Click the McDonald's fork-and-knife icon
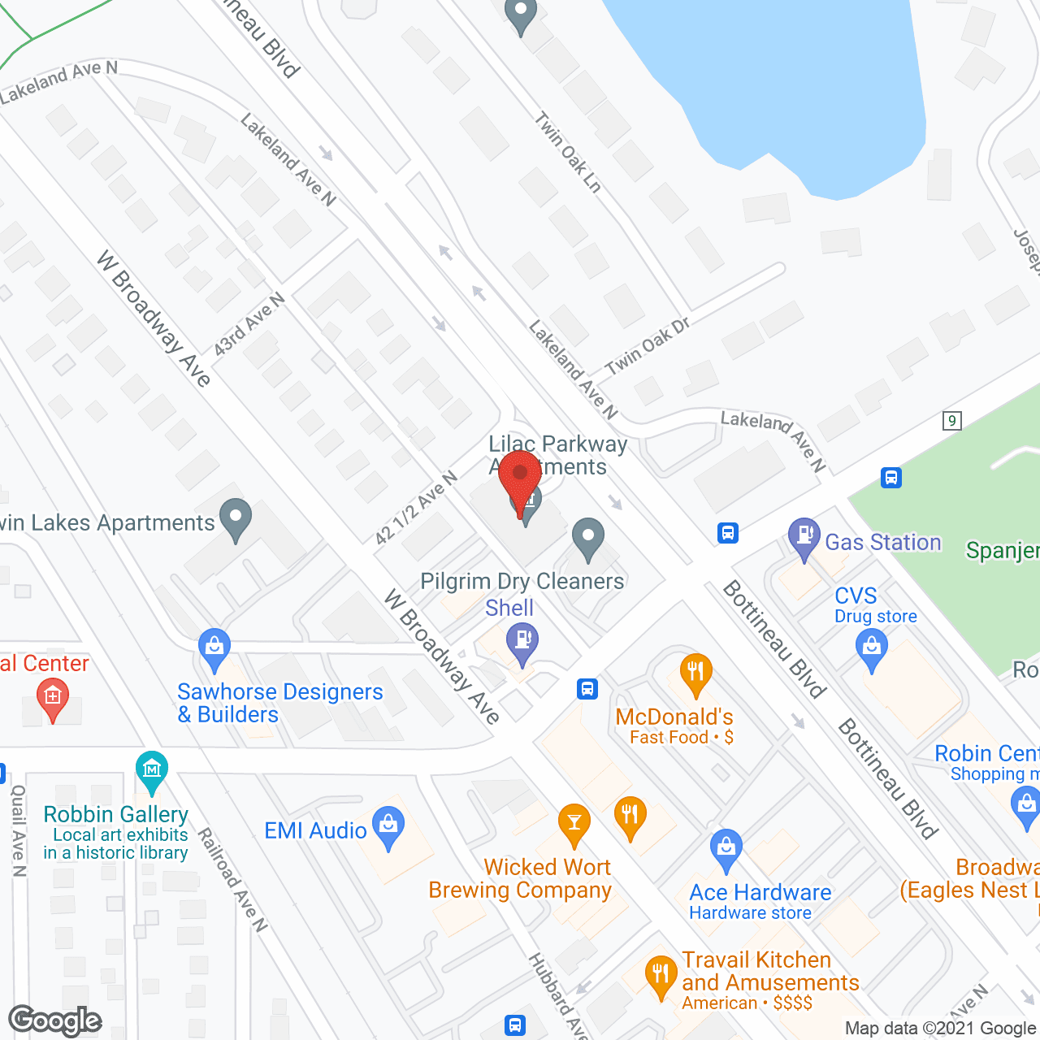click(x=695, y=673)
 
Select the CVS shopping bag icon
click(x=872, y=648)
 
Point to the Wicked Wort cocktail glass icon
click(x=574, y=822)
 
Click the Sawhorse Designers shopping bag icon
click(x=214, y=648)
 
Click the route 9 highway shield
click(x=952, y=420)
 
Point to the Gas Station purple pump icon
click(x=804, y=536)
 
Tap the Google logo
click(x=55, y=1020)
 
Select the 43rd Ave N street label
click(x=249, y=324)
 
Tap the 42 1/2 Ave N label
click(x=416, y=508)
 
